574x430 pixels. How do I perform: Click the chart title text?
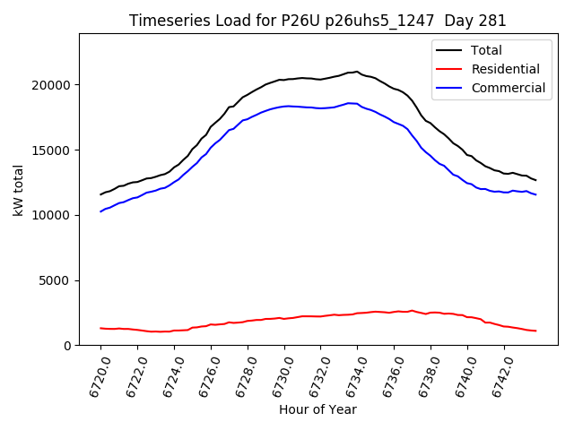[x=317, y=21]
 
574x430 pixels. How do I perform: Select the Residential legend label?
[x=506, y=69]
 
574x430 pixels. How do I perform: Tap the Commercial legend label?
[x=509, y=88]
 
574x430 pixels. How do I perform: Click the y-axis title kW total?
[x=18, y=189]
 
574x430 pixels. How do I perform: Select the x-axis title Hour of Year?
[x=317, y=409]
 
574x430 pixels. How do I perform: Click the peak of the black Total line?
[x=357, y=72]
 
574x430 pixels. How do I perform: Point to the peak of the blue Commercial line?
[x=350, y=103]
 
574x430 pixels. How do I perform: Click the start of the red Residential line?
[x=101, y=328]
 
